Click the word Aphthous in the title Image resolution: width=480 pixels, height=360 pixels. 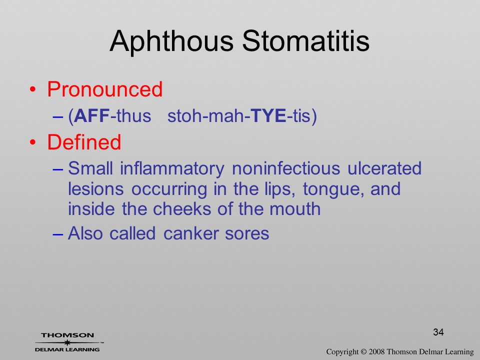point(171,41)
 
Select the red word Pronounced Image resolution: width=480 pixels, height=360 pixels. point(104,89)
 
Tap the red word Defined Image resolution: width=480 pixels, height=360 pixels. point(84,142)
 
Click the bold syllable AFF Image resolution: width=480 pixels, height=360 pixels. point(92,115)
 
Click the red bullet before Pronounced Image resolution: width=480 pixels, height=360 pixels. point(33,89)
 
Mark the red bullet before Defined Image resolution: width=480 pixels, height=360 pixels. point(33,142)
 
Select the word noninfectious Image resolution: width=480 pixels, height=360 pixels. point(286,168)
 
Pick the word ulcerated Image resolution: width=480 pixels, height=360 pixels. point(384,168)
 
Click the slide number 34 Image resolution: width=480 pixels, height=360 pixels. point(438,332)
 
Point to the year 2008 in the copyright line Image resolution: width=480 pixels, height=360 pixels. point(376,351)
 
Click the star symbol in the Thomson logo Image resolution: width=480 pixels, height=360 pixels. point(67,342)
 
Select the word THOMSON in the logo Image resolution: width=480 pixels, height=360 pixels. point(67,335)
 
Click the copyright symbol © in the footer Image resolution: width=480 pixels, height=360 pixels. point(363,351)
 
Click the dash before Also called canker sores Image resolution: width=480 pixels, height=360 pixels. point(58,234)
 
